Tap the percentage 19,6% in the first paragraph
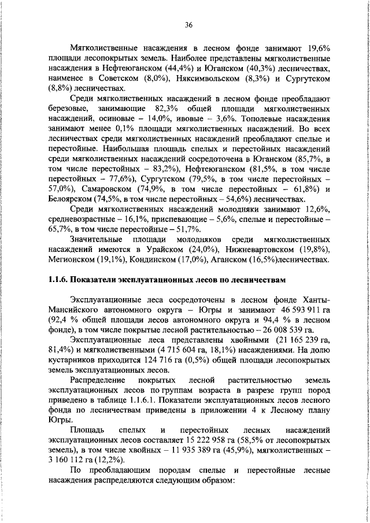[317, 47]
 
